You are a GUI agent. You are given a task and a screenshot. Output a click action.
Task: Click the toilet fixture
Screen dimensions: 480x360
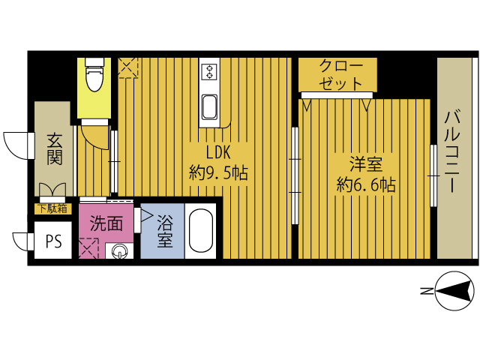94,75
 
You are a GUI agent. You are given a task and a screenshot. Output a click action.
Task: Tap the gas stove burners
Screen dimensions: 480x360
210,71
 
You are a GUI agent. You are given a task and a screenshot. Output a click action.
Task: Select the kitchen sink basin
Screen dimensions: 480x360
210,106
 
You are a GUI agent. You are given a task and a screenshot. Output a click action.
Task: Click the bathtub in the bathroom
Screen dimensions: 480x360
201,231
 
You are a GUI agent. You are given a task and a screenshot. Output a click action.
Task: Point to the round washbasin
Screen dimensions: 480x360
119,252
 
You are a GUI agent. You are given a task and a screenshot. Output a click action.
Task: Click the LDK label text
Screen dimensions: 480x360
218,152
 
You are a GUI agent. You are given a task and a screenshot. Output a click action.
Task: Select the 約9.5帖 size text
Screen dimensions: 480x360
218,172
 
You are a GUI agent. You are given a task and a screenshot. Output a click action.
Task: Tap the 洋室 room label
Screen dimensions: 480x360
366,163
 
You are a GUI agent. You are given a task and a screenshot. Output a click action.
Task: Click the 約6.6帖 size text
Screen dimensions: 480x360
366,184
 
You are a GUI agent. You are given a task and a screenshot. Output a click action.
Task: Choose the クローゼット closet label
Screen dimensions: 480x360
340,74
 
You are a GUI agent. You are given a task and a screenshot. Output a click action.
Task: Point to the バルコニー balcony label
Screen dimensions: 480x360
453,151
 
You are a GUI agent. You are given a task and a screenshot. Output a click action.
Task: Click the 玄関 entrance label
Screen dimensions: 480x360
55,149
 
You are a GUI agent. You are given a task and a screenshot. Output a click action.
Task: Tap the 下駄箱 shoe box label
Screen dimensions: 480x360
52,208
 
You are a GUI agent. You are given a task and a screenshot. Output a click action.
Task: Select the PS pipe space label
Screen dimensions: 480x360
54,241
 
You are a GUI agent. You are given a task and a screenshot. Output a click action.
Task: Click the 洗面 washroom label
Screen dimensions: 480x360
106,223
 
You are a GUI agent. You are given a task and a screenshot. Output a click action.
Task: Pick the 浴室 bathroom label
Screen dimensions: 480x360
165,231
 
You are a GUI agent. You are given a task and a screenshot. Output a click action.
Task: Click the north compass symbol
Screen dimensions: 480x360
454,291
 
